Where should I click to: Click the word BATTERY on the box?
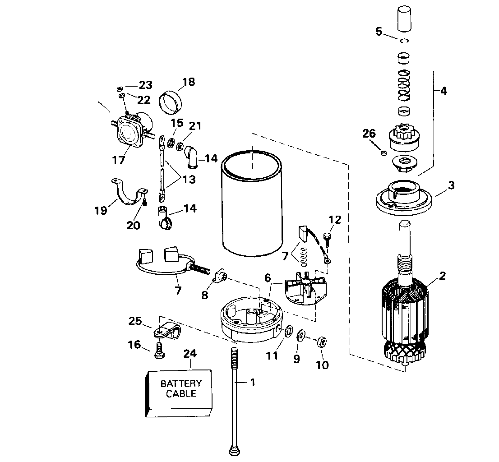pyautogui.click(x=181, y=383)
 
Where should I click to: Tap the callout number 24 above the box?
pyautogui.click(x=190, y=354)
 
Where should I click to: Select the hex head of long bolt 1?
pyautogui.click(x=234, y=451)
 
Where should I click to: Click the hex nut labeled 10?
pyautogui.click(x=322, y=342)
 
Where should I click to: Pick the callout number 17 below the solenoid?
pyautogui.click(x=118, y=160)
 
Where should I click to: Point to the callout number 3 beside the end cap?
pyautogui.click(x=451, y=185)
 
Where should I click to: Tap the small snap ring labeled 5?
pyautogui.click(x=405, y=41)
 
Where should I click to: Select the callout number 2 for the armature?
pyautogui.click(x=442, y=276)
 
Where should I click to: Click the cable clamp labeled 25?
pyautogui.click(x=167, y=330)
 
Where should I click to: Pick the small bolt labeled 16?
pyautogui.click(x=159, y=350)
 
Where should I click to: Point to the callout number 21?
pyautogui.click(x=195, y=126)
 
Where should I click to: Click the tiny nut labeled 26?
pyautogui.click(x=384, y=153)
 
